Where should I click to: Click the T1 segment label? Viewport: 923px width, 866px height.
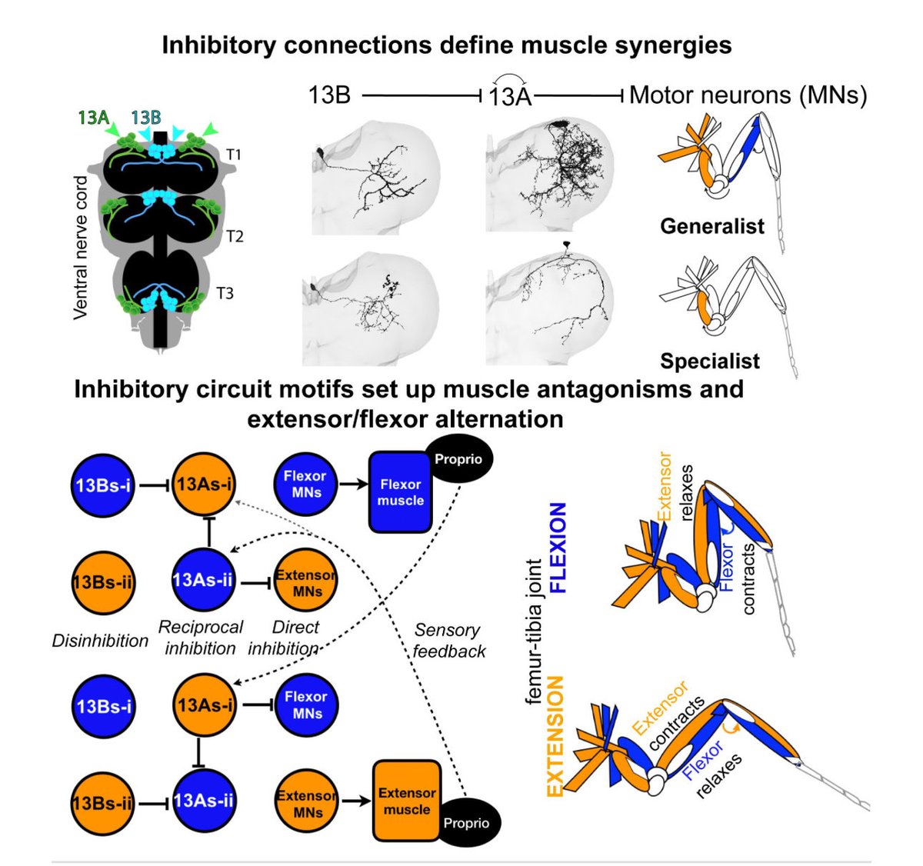pyautogui.click(x=234, y=155)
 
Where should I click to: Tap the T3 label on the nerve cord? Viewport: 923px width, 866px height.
pyautogui.click(x=225, y=293)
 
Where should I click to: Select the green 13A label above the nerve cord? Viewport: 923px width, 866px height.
pyautogui.click(x=94, y=118)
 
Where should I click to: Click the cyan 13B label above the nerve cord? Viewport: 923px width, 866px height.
pyautogui.click(x=146, y=118)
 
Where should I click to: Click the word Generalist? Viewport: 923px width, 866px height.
pyautogui.click(x=712, y=226)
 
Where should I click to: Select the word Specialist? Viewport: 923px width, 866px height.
pyautogui.click(x=710, y=361)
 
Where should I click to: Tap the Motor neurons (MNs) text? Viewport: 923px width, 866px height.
pyautogui.click(x=748, y=95)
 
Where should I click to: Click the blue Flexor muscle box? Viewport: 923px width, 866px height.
pyautogui.click(x=400, y=492)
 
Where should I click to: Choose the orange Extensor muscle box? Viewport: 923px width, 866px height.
pyautogui.click(x=407, y=801)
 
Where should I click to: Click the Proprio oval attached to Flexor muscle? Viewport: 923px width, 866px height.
pyautogui.click(x=458, y=459)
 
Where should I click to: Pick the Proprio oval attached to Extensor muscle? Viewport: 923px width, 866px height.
pyautogui.click(x=466, y=823)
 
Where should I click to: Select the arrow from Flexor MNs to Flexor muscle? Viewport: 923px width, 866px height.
pyautogui.click(x=354, y=485)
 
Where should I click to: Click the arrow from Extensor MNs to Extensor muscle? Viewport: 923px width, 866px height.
pyautogui.click(x=355, y=801)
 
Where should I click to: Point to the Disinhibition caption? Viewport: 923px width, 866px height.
pyautogui.click(x=100, y=641)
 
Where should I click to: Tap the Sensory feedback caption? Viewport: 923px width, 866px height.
pyautogui.click(x=449, y=641)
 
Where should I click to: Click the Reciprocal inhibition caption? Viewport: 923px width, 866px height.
pyautogui.click(x=201, y=638)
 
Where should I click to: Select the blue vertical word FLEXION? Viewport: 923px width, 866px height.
pyautogui.click(x=558, y=548)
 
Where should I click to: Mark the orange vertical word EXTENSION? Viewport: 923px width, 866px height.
pyautogui.click(x=555, y=736)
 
